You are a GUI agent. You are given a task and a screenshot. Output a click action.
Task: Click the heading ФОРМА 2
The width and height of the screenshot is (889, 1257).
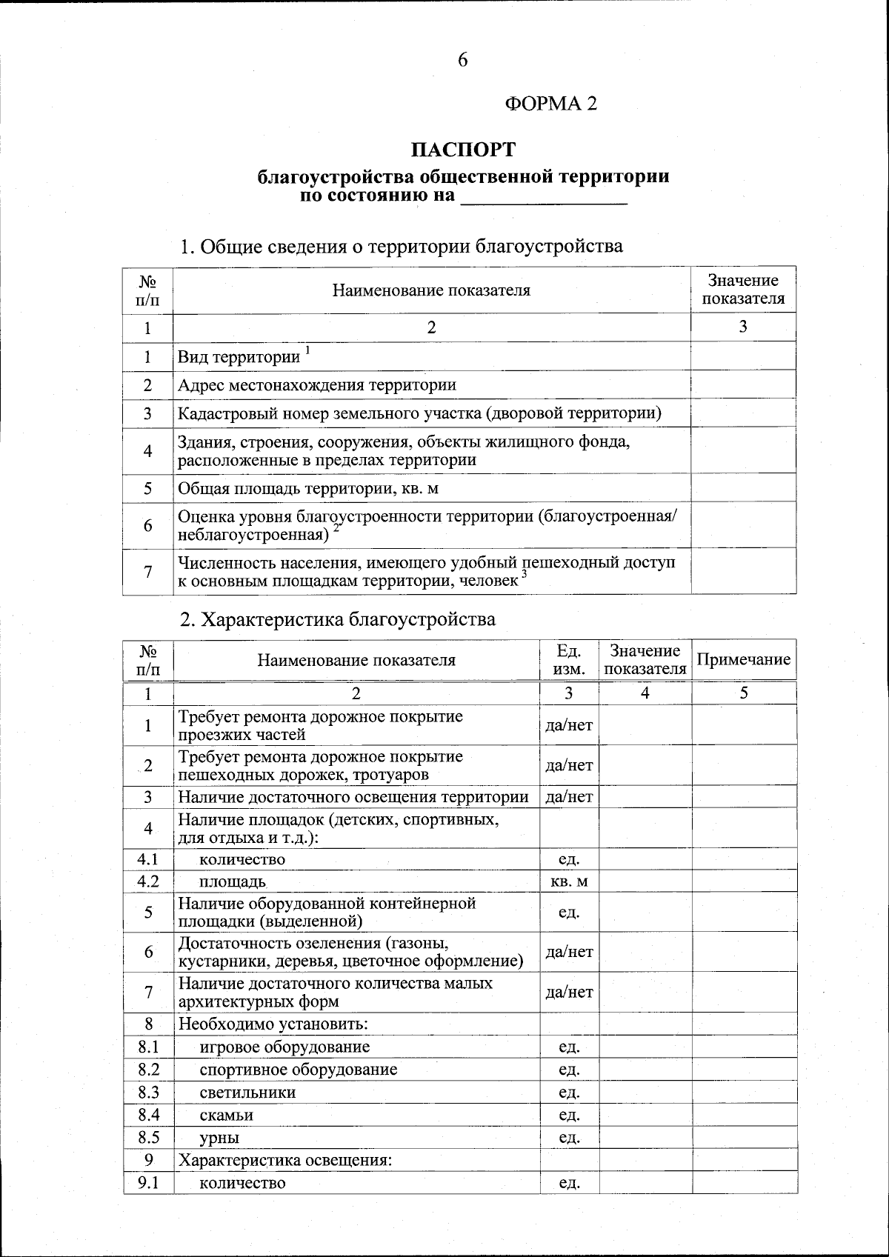(x=550, y=104)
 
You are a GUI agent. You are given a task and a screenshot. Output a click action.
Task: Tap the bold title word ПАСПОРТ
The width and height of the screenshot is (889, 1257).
(x=463, y=150)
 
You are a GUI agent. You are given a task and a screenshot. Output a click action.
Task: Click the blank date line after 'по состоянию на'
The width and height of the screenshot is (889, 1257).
(x=544, y=198)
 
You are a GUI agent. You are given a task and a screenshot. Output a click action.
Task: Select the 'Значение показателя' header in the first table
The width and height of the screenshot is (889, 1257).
(x=743, y=290)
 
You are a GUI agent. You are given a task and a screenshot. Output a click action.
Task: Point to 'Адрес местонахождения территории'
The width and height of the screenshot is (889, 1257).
(x=317, y=385)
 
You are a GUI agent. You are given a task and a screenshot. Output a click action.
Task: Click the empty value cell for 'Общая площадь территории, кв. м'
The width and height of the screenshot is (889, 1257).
(x=743, y=488)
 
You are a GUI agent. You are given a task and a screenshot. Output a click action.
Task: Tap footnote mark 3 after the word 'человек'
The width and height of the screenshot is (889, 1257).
(x=525, y=574)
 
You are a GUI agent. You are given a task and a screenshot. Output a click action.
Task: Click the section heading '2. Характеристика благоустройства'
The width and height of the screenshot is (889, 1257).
(x=338, y=619)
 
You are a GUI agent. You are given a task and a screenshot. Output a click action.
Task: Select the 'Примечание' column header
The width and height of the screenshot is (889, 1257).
(x=744, y=660)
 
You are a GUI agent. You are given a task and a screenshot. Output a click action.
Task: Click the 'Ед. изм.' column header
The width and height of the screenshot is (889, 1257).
(x=569, y=660)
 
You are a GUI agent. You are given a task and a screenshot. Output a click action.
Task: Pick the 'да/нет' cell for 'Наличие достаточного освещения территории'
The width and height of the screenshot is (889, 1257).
(x=569, y=797)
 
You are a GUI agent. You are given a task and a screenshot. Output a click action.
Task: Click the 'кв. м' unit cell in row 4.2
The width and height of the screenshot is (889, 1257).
(x=569, y=881)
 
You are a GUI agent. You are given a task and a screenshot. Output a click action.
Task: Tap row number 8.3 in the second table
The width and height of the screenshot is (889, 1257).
(x=148, y=1093)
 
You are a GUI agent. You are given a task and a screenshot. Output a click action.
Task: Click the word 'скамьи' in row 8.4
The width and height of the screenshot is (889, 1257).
(x=227, y=1116)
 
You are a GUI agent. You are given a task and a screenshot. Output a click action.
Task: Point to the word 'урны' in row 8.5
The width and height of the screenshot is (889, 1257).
(x=219, y=1138)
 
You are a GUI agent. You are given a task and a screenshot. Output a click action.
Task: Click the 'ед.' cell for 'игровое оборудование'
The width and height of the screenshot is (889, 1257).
(x=569, y=1047)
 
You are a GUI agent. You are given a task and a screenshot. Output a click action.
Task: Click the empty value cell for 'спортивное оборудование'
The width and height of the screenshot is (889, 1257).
(x=645, y=1070)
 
